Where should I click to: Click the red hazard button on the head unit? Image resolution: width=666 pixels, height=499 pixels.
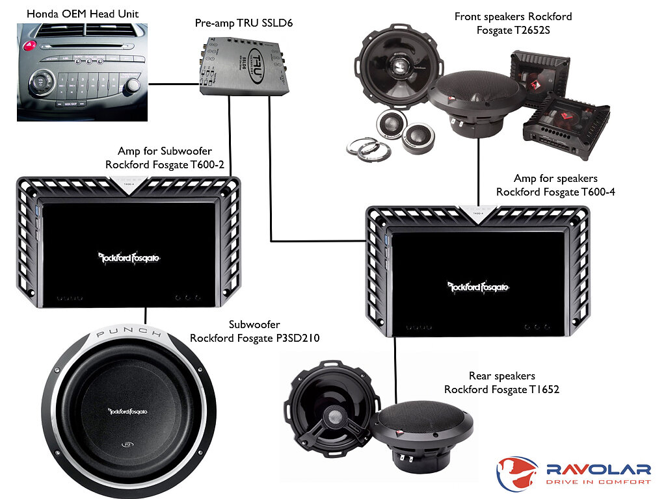point(29,45)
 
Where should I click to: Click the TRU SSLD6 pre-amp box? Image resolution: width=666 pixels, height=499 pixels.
point(243,67)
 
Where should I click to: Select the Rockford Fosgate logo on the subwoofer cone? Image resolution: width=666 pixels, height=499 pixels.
point(127,411)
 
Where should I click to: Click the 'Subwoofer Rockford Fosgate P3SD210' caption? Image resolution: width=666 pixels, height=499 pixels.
point(254,331)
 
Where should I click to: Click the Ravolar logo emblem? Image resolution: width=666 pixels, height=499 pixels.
point(516,473)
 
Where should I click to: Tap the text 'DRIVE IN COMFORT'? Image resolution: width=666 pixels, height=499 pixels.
point(598,482)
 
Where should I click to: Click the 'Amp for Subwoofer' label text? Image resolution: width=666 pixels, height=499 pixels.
point(165,151)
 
